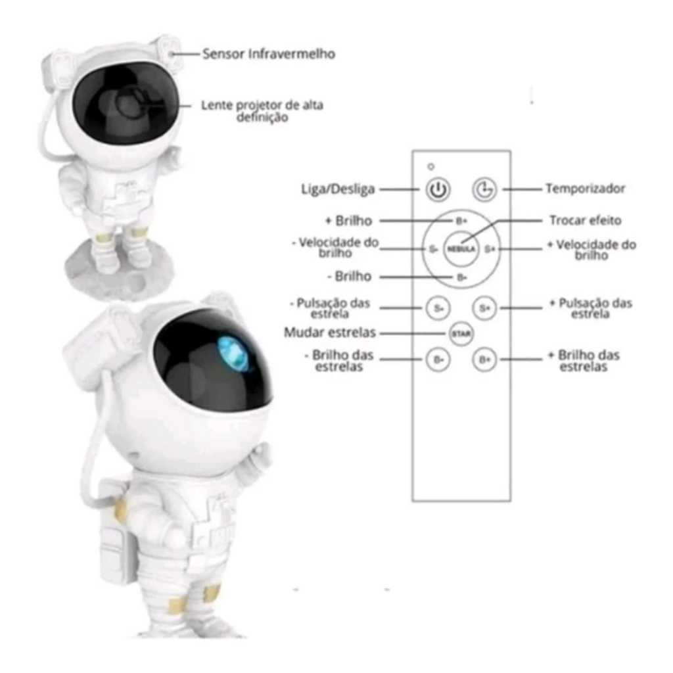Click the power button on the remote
[438, 189]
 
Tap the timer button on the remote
[484, 189]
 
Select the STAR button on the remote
[461, 333]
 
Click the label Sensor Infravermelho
[269, 54]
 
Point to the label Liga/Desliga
[338, 189]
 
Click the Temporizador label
[586, 189]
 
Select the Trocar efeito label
[586, 221]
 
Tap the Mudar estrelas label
[330, 333]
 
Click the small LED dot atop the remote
[431, 166]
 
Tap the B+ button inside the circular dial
[461, 221]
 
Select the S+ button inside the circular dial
[490, 249]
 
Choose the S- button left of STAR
[438, 308]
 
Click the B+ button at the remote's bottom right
[484, 360]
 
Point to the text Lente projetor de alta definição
[262, 111]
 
